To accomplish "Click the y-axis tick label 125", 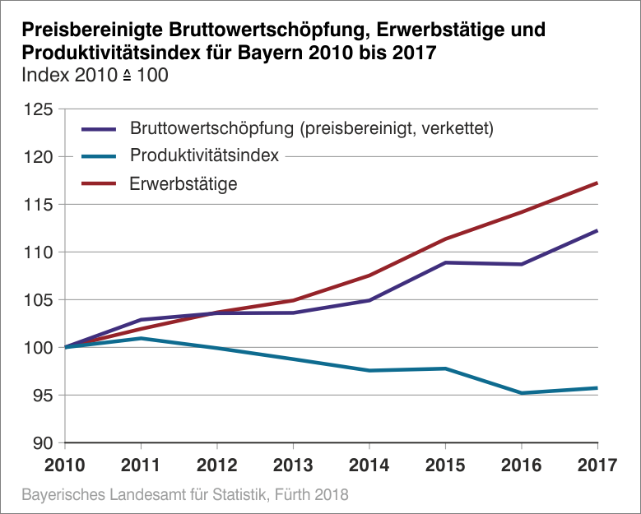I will (x=38, y=109).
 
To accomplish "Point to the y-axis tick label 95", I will (x=42, y=396).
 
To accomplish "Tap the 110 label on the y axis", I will (x=38, y=252).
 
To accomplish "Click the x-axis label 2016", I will (x=521, y=465).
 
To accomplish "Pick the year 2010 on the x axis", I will (x=66, y=465).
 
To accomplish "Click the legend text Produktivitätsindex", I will (x=205, y=155).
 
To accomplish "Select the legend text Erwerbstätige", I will (x=183, y=183).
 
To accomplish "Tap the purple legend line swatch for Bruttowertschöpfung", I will (x=100, y=128).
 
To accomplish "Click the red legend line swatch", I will (x=100, y=183).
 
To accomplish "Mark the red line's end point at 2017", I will (x=597, y=183).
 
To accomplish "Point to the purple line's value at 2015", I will (x=445, y=262).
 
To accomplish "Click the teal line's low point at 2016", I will (x=521, y=393).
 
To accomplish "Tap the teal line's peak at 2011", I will (x=142, y=338).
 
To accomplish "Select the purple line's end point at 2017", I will (x=597, y=230).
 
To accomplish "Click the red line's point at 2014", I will (x=369, y=276).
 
